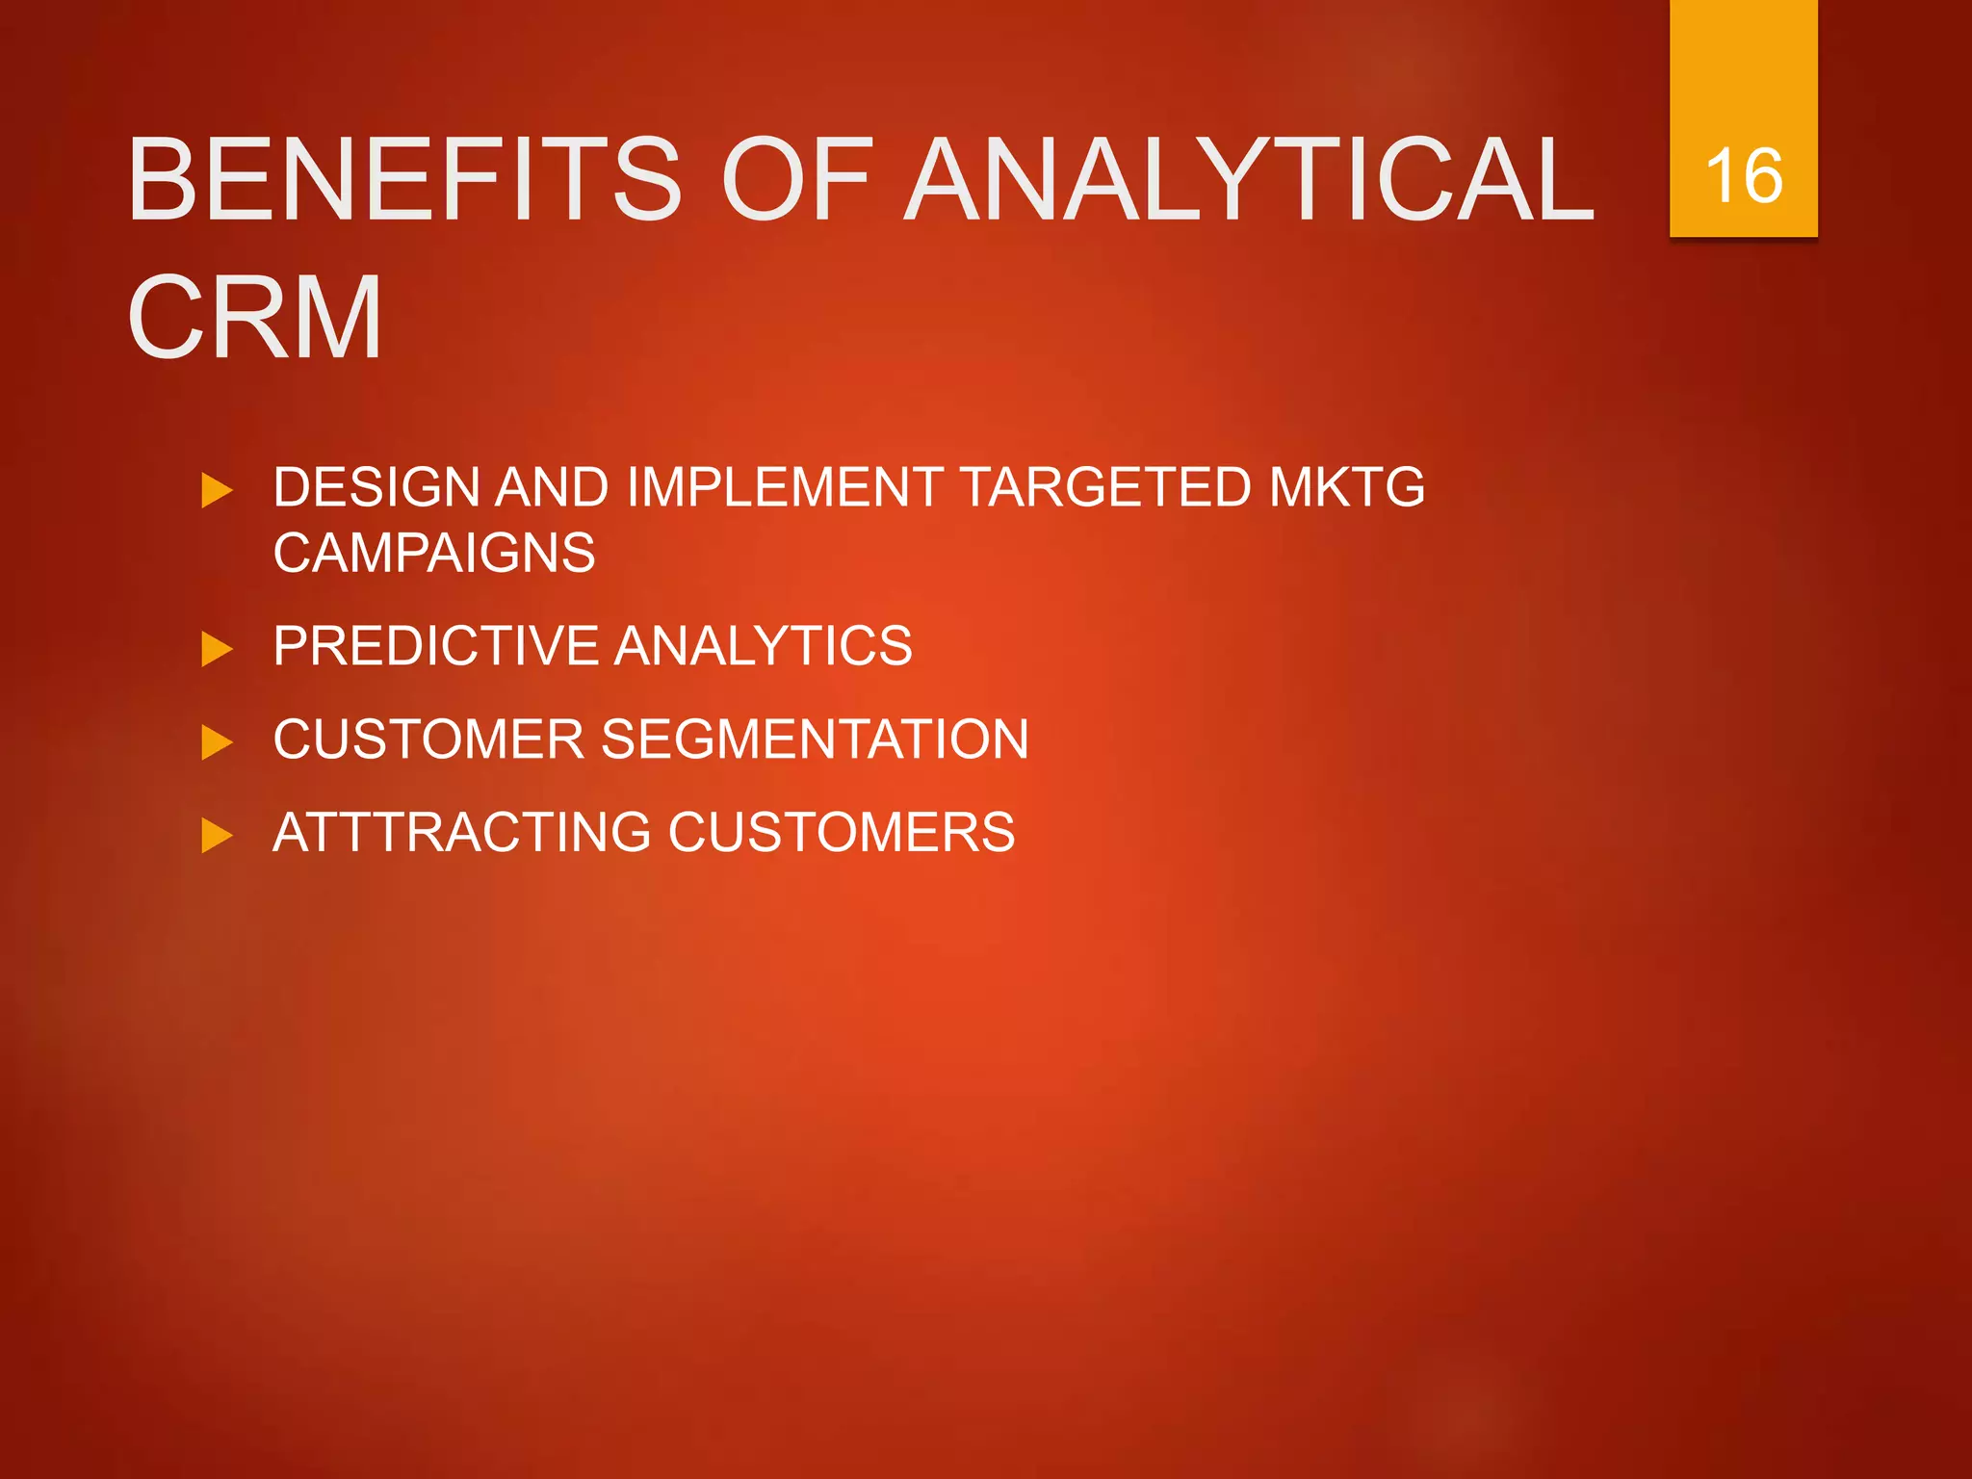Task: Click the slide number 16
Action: click(x=1743, y=176)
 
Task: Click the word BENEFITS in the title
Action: click(x=404, y=179)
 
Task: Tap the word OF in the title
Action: click(x=797, y=179)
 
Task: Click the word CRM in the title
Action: click(x=255, y=318)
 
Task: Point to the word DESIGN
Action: click(x=376, y=487)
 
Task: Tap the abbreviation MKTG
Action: click(x=1346, y=487)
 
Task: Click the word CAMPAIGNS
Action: click(x=434, y=553)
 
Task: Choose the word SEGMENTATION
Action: click(x=815, y=739)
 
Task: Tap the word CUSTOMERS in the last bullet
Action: click(x=842, y=832)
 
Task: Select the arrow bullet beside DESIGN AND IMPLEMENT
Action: click(x=217, y=490)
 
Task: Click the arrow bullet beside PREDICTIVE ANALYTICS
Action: click(x=217, y=649)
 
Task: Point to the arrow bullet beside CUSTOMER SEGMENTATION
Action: click(x=217, y=742)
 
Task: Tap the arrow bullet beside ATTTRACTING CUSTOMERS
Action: click(x=217, y=835)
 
